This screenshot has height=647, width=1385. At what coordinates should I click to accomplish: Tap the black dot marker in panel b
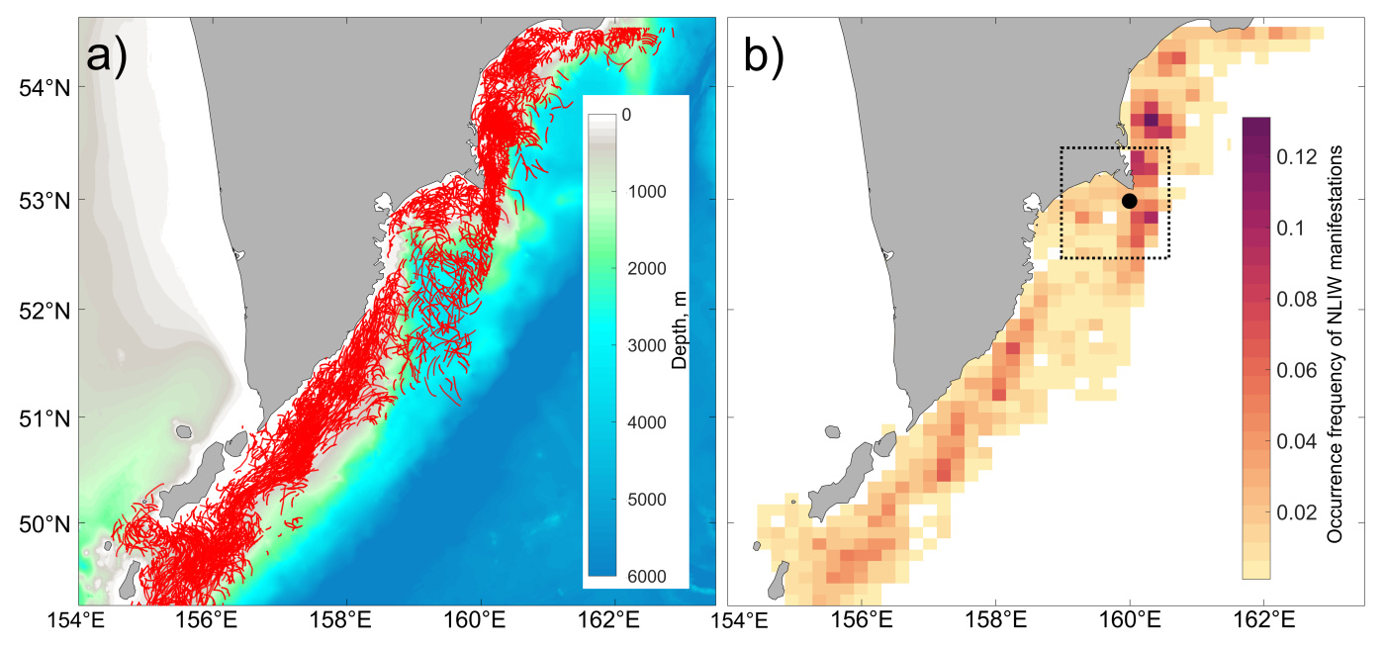(x=1130, y=201)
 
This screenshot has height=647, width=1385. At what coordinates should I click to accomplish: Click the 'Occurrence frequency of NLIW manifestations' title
(x=1335, y=341)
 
